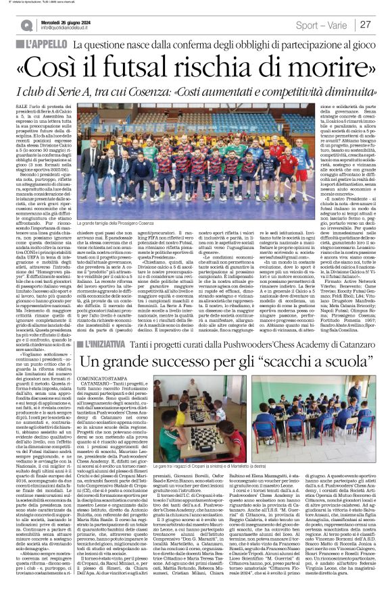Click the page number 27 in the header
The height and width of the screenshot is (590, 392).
366,24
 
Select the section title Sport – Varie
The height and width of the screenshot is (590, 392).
320,24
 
